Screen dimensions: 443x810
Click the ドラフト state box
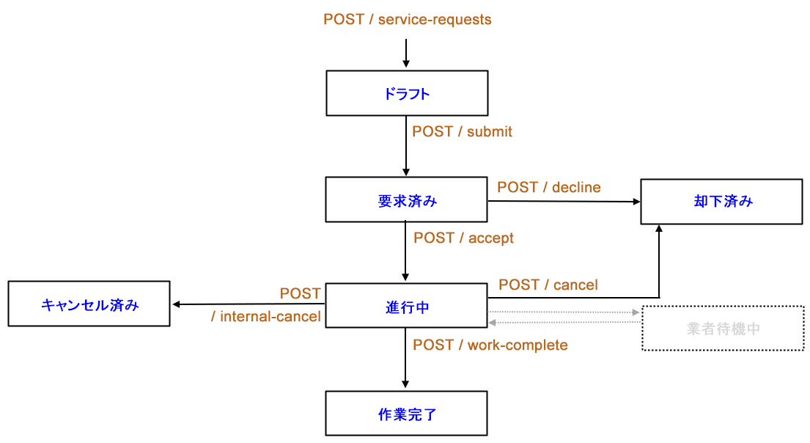(x=406, y=93)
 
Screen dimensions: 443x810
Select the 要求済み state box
(x=406, y=199)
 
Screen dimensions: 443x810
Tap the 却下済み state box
(x=722, y=201)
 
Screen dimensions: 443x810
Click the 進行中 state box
(x=406, y=306)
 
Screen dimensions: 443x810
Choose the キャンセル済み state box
(x=89, y=304)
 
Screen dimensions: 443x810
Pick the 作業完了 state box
(x=406, y=413)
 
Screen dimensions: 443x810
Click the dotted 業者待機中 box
(x=723, y=328)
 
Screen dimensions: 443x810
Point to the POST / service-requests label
(x=407, y=20)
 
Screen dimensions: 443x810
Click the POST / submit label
(x=462, y=132)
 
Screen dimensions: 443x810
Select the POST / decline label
(x=548, y=187)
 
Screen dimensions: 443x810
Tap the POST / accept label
(x=463, y=238)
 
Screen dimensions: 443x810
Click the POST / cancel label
(x=548, y=285)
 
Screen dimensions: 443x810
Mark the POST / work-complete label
(x=490, y=345)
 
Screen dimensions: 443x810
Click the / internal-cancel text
(x=265, y=317)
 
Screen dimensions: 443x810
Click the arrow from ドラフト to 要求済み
(x=405, y=147)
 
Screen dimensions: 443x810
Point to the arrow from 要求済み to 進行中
(x=405, y=252)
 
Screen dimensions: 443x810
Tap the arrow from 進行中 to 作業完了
(x=405, y=359)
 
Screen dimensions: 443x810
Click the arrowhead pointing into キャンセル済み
(x=177, y=304)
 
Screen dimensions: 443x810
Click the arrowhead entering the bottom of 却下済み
(x=659, y=229)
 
